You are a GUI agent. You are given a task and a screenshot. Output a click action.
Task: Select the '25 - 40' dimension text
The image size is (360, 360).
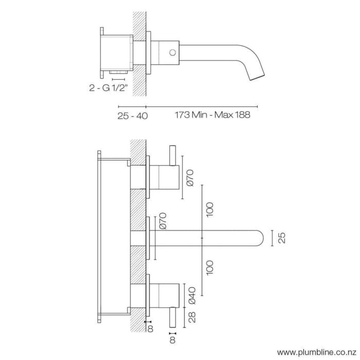[132, 116]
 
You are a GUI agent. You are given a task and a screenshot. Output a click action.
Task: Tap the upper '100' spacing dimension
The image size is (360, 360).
[209, 208]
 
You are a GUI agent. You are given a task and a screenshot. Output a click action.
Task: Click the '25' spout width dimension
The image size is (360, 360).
[281, 237]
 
